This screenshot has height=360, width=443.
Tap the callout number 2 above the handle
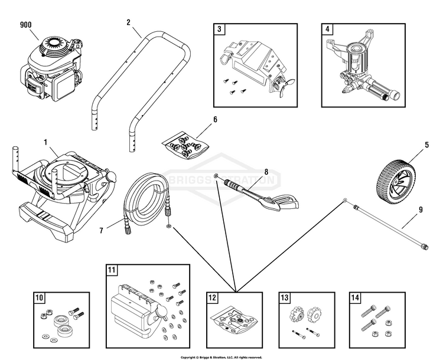[x=128, y=22]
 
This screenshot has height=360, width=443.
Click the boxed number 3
[x=219, y=29]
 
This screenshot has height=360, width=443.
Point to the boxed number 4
[x=327, y=29]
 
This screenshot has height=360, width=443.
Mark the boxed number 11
[x=112, y=270]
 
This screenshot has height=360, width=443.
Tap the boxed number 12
[x=212, y=298]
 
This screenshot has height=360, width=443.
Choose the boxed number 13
[x=284, y=298]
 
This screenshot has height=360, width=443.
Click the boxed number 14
[x=355, y=298]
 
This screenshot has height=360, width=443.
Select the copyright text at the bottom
[x=221, y=356]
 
